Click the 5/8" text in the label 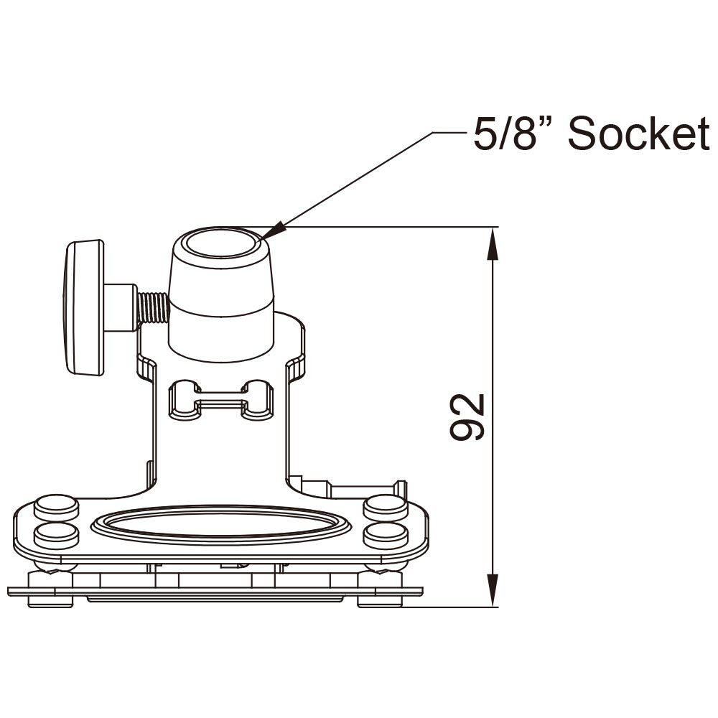515,134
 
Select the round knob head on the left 84,307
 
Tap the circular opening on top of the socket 221,245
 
